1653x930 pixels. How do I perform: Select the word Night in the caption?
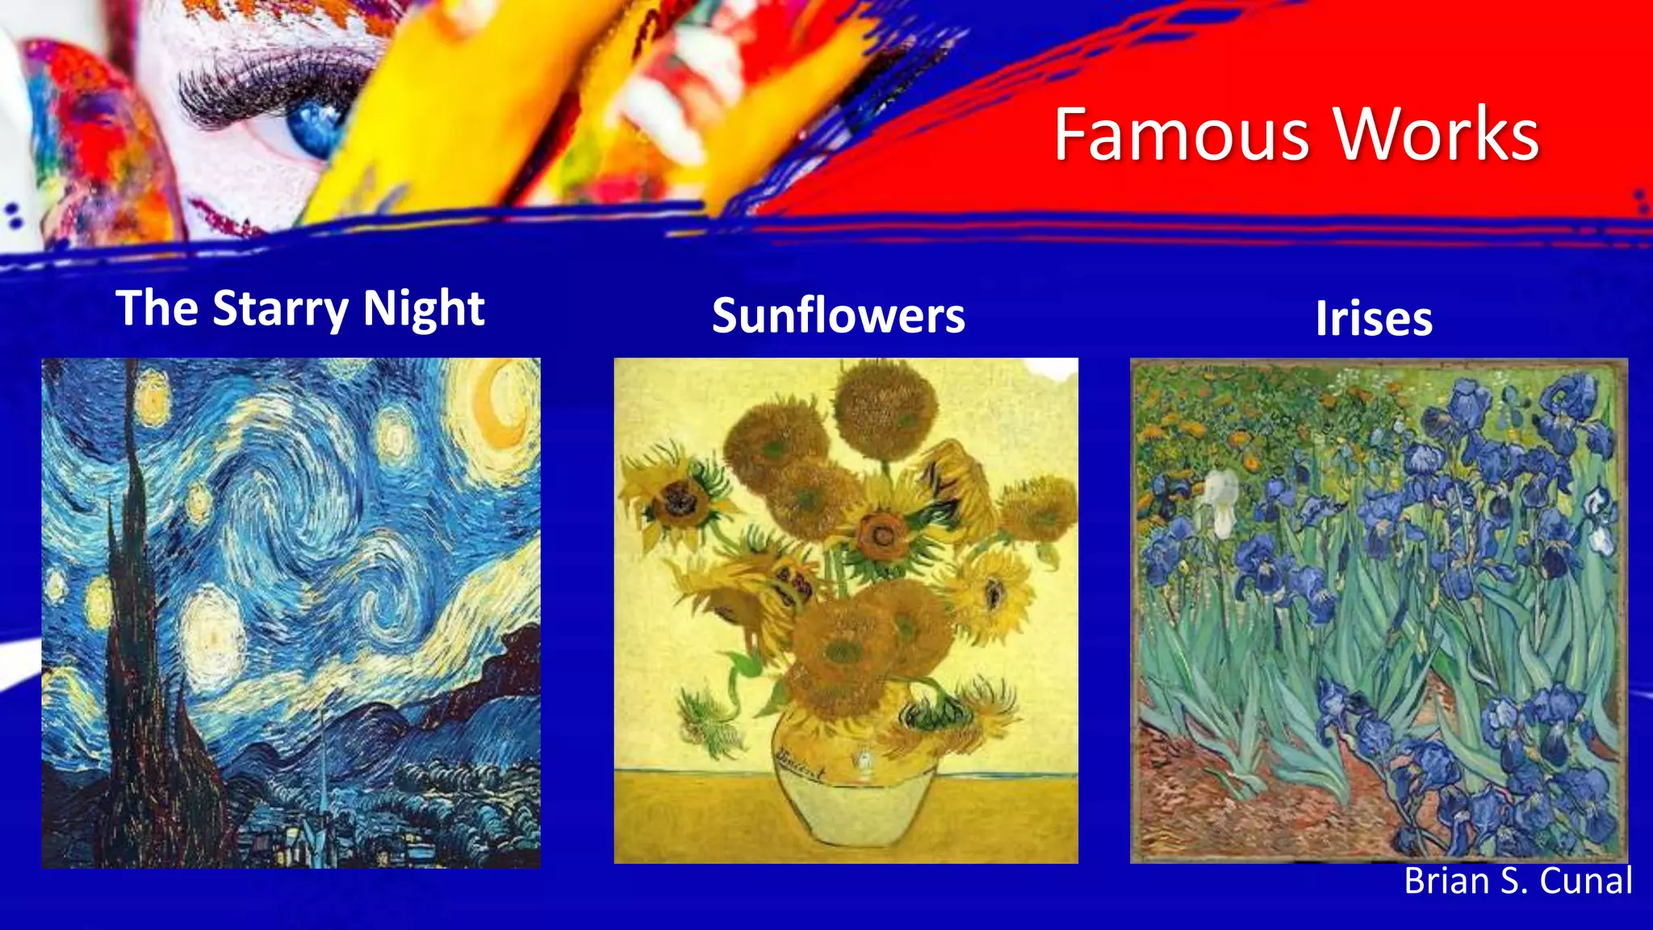pyautogui.click(x=423, y=308)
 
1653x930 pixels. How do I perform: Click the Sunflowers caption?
pyautogui.click(x=838, y=315)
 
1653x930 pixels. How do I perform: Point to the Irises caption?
pyautogui.click(x=1374, y=318)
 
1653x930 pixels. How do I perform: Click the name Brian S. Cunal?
pyautogui.click(x=1517, y=881)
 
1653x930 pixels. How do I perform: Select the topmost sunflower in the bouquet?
pyautogui.click(x=885, y=408)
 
